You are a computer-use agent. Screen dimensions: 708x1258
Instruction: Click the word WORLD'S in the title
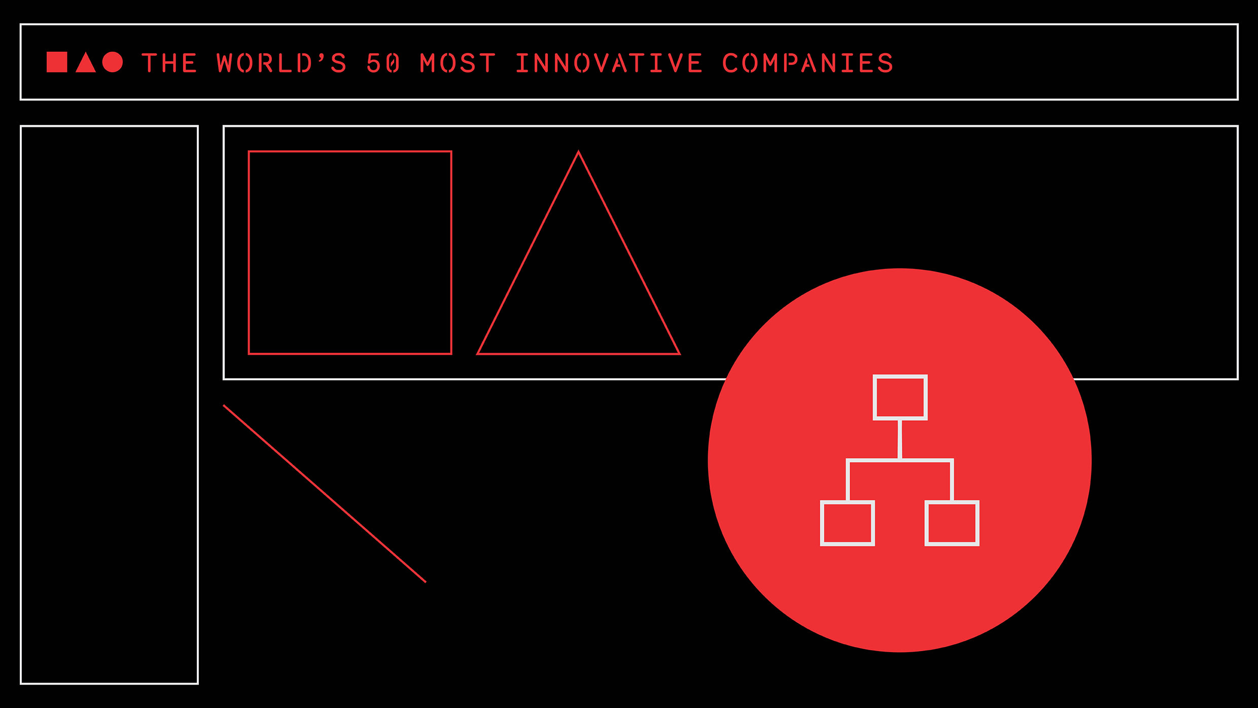(282, 63)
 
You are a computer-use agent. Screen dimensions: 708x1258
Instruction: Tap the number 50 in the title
(383, 63)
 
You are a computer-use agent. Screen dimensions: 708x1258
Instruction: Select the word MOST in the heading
(457, 63)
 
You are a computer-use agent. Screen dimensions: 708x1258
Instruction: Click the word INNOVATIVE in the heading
(609, 63)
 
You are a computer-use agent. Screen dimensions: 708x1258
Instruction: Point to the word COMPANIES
(807, 63)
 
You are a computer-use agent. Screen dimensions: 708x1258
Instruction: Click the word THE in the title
(169, 63)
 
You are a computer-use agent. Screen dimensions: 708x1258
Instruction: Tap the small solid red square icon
(57, 62)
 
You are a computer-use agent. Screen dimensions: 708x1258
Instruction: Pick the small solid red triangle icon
(86, 64)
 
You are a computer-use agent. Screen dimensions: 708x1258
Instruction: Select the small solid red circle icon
(113, 62)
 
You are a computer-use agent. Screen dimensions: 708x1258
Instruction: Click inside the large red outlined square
(350, 252)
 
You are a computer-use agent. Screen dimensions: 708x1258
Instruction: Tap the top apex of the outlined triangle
(578, 152)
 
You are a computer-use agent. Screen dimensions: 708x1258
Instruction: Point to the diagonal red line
(325, 493)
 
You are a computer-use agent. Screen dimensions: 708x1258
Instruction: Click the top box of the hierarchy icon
(900, 397)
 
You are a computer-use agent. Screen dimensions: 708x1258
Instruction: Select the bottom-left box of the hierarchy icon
(847, 523)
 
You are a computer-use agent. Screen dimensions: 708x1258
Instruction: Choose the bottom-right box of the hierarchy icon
(952, 523)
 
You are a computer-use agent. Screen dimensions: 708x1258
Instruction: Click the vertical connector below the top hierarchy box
(900, 439)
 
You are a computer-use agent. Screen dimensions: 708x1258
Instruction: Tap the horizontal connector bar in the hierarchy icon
(900, 460)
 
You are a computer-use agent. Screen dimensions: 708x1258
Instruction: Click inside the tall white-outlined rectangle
(109, 404)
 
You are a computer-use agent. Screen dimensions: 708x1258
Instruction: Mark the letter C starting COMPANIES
(731, 63)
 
